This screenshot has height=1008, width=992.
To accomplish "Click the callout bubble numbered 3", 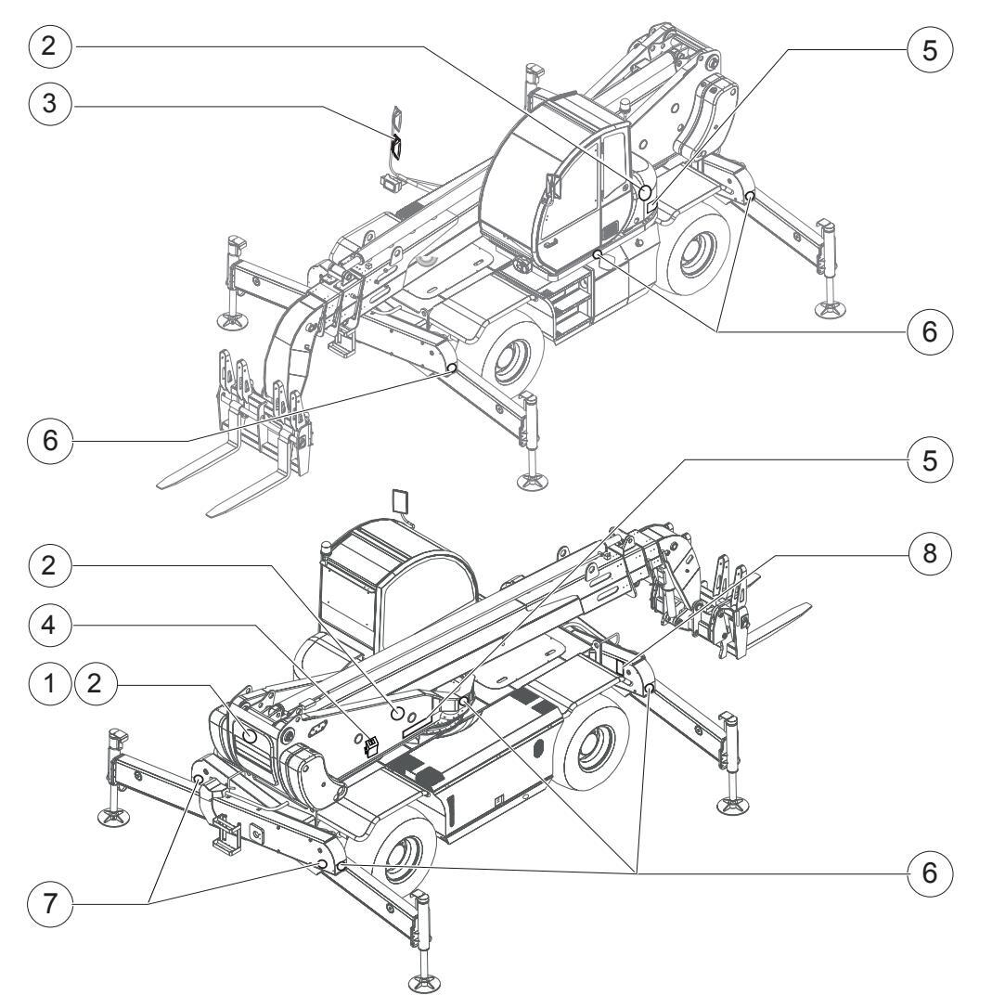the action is (x=49, y=103).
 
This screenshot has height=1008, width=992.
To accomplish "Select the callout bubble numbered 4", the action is (x=49, y=625).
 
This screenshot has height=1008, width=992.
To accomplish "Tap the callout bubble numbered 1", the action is (x=49, y=683).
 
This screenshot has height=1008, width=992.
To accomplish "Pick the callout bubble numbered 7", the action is (x=49, y=904).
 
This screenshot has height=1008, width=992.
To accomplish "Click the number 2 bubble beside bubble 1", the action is (x=96, y=683).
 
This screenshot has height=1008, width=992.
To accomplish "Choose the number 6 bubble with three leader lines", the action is (x=930, y=872).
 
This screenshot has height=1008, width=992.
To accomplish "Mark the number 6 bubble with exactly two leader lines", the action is (x=930, y=331).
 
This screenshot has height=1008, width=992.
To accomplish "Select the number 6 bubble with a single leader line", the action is (x=49, y=440).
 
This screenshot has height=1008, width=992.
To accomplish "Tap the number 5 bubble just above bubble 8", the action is (x=930, y=460).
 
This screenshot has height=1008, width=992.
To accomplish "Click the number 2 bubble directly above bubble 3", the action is (x=49, y=45).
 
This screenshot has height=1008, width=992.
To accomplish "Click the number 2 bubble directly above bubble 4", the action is (x=49, y=565).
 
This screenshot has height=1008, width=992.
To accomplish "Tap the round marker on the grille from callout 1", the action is (x=251, y=737).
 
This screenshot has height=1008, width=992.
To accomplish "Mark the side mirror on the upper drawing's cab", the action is (x=551, y=187).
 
